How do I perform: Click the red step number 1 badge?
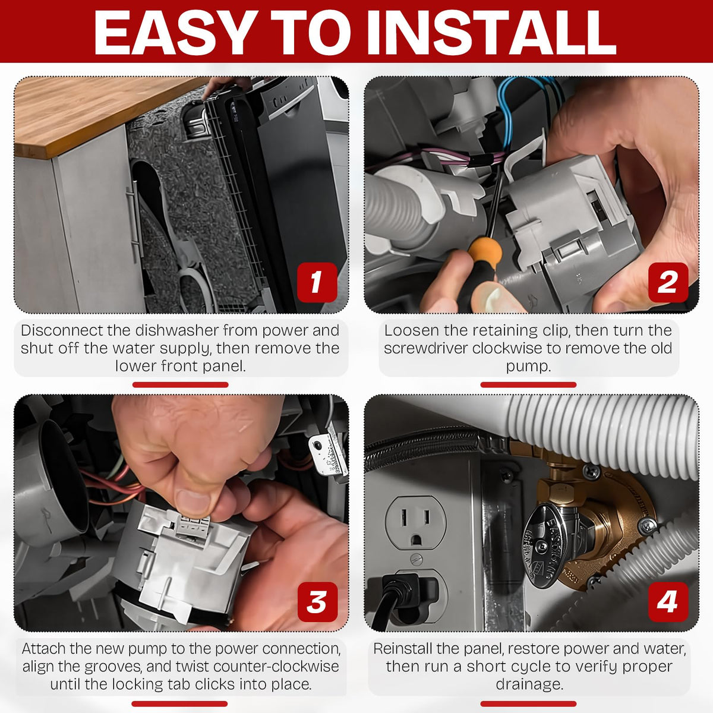point(317,282)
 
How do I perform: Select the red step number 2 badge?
point(668,282)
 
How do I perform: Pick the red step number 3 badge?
point(317,602)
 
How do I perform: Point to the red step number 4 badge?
point(668,602)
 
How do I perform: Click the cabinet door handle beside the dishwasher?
point(134,222)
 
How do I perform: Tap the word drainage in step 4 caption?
point(529,684)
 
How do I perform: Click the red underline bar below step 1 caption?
point(180,385)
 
